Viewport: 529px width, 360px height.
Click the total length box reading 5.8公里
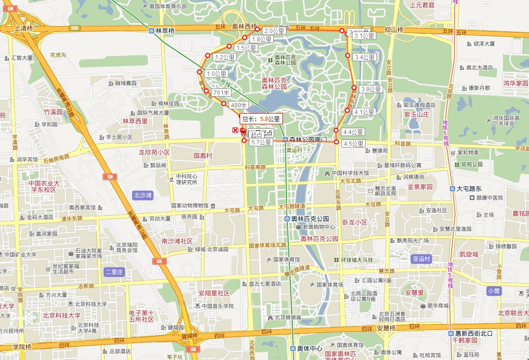pos(261,118)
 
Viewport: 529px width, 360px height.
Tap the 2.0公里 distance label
pos(274,31)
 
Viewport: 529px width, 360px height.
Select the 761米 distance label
pos(221,92)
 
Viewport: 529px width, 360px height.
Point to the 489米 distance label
pos(239,105)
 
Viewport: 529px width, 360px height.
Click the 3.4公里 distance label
pos(365,57)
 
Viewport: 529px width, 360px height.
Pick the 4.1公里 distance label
pos(364,112)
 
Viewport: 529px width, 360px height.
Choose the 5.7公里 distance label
pos(261,142)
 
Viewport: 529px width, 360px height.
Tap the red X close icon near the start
pos(236,130)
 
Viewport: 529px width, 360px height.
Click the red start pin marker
pos(243,131)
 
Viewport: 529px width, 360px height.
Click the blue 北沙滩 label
pos(142,195)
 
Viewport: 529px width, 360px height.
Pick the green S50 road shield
pos(74,28)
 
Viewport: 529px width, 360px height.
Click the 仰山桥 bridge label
pos(394,30)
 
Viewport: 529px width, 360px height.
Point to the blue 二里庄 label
pos(114,272)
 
